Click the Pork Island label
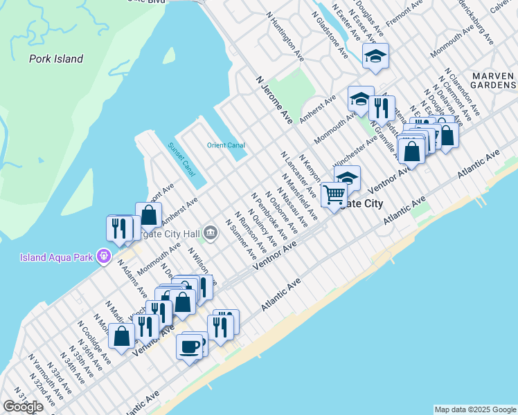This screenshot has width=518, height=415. pos(56,59)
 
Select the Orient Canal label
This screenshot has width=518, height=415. pos(226,145)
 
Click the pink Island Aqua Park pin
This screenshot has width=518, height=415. pos(105,257)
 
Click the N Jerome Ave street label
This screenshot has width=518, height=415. pos(276,100)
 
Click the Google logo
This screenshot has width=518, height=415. pos(23,407)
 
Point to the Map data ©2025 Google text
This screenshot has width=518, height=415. pos(474,409)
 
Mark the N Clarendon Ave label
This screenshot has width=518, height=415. pos(463,92)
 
